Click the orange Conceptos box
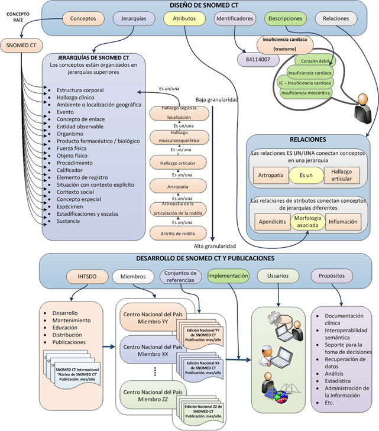click(87, 18)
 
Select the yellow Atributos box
click(184, 18)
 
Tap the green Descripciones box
click(285, 18)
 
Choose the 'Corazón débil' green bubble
click(313, 61)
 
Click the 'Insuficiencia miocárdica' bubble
click(306, 92)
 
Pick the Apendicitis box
click(271, 222)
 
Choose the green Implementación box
click(228, 276)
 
